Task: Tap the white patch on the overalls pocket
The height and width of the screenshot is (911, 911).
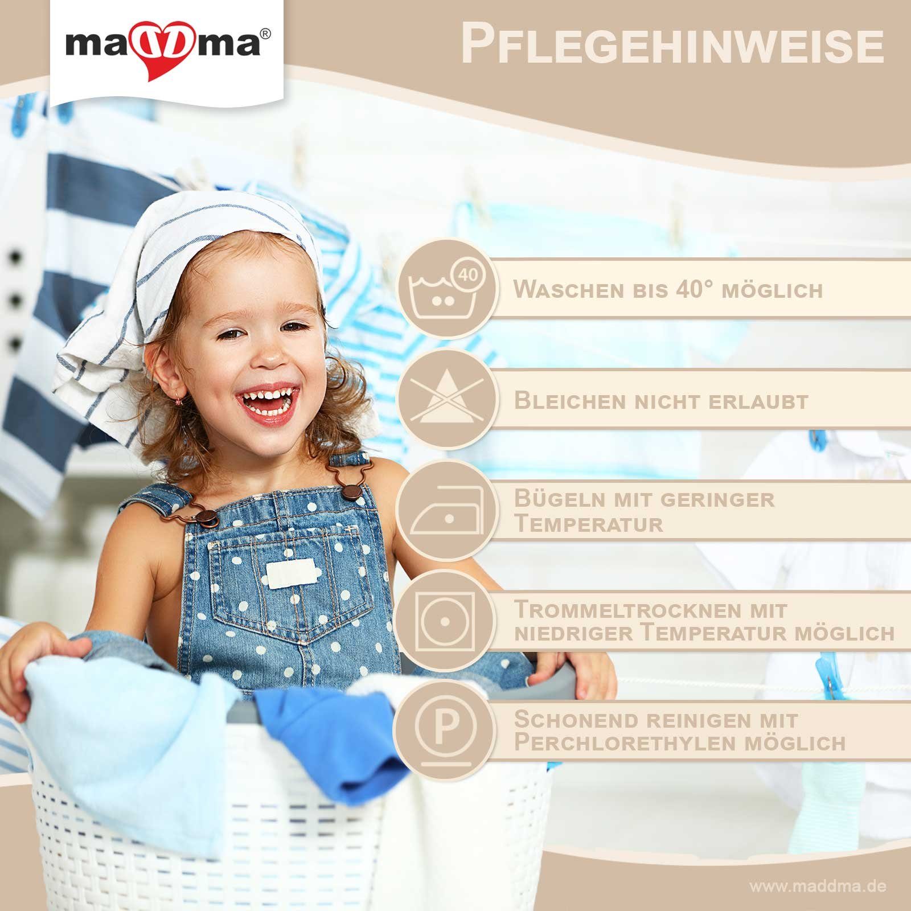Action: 290,573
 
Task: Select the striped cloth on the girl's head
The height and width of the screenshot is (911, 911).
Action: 188,285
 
